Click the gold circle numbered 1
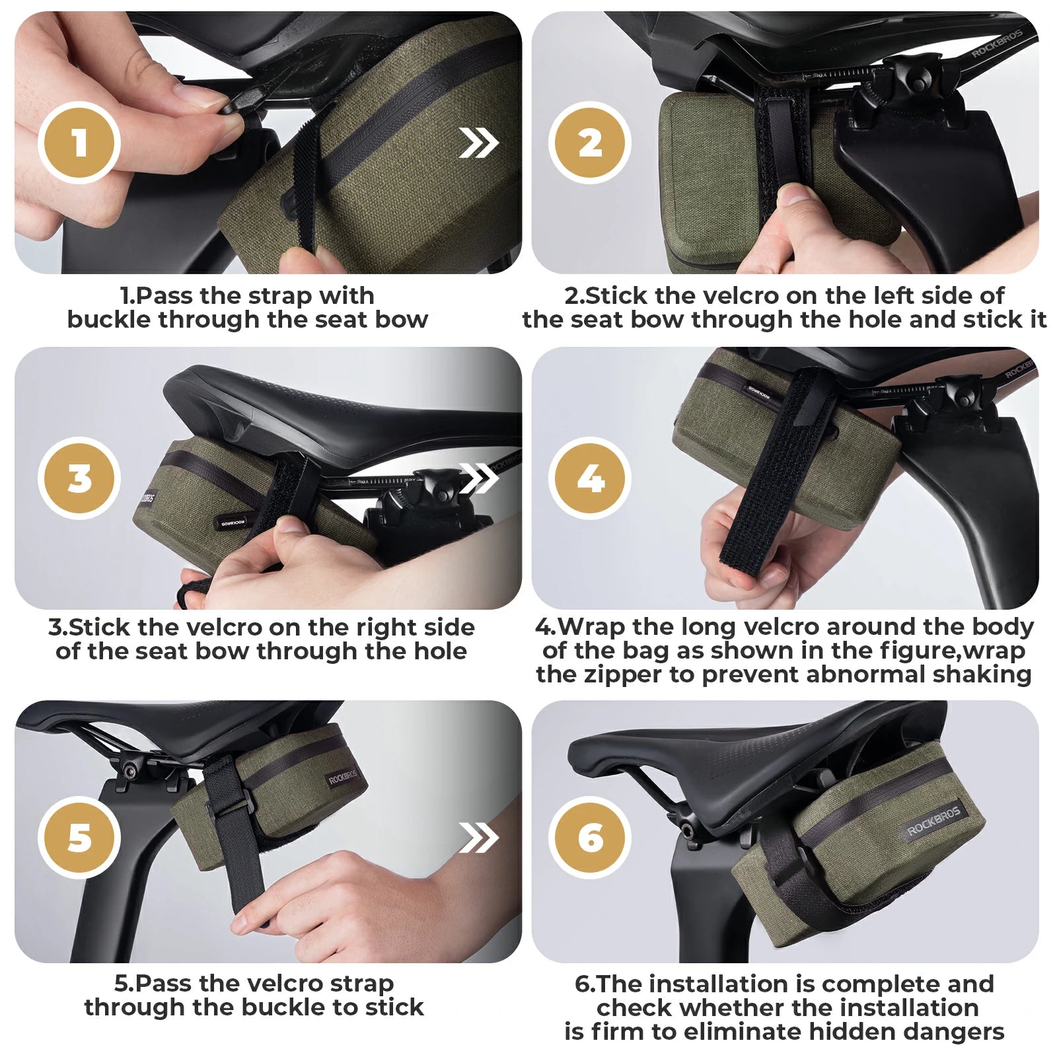pyautogui.click(x=79, y=143)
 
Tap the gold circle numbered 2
pyautogui.click(x=590, y=143)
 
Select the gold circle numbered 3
pyautogui.click(x=79, y=478)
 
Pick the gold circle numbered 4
pyautogui.click(x=590, y=478)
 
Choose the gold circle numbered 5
pyautogui.click(x=79, y=837)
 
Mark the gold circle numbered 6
pyautogui.click(x=590, y=837)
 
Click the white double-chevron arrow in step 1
pyautogui.click(x=478, y=143)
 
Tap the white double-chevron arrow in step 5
pyautogui.click(x=478, y=838)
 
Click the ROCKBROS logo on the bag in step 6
pyautogui.click(x=933, y=821)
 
